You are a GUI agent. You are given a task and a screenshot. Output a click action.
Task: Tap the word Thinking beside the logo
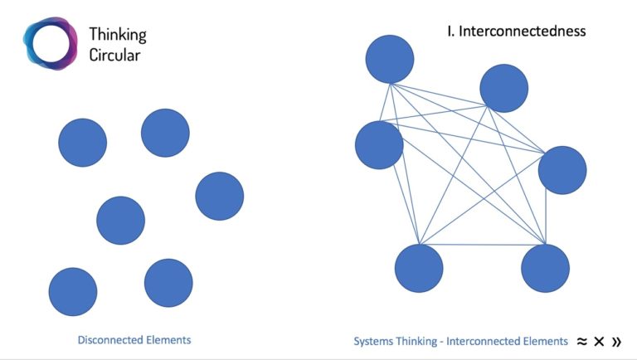(117, 35)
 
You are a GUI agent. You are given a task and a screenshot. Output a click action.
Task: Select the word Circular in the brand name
(115, 55)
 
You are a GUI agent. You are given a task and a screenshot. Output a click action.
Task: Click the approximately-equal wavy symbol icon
(582, 341)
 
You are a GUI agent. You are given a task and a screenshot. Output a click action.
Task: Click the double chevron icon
(615, 341)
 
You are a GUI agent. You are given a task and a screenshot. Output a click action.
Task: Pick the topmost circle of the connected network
(389, 59)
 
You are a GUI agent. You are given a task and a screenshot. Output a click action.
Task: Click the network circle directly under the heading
(503, 88)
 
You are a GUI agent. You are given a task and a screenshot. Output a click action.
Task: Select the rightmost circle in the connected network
(562, 170)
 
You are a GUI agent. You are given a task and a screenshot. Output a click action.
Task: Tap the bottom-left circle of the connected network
(418, 268)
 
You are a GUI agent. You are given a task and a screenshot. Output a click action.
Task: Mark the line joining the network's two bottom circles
(481, 245)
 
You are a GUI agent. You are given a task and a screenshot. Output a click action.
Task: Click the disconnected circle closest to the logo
(82, 143)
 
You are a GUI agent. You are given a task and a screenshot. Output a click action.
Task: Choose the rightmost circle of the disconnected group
(219, 197)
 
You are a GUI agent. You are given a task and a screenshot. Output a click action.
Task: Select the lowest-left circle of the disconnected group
(73, 292)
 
